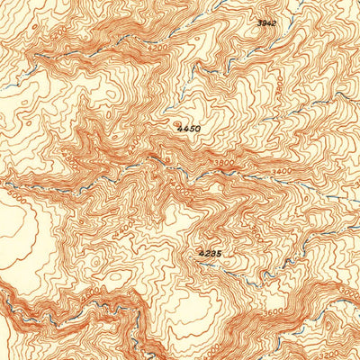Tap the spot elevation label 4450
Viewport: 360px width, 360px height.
[x=189, y=129]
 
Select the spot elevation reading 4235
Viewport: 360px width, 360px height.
[x=209, y=255]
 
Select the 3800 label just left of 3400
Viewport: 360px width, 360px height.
[x=223, y=163]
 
